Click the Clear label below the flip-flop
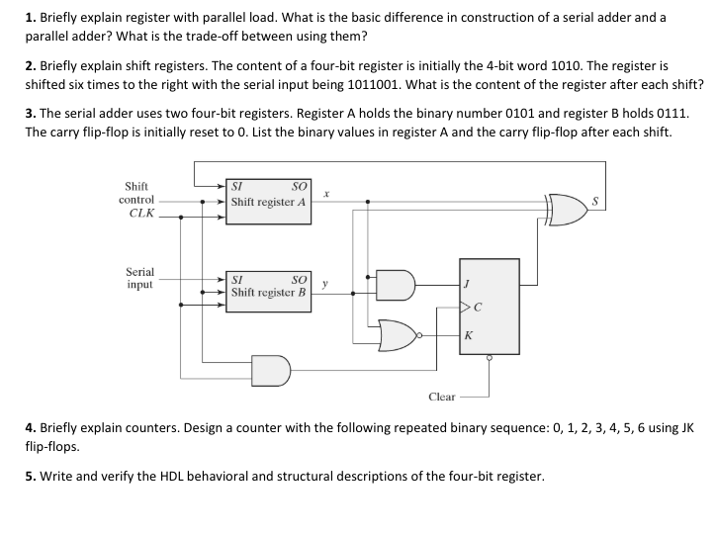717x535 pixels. point(442,397)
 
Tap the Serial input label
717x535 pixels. point(139,277)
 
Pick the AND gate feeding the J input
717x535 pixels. point(401,285)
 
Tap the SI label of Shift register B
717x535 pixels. point(237,280)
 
